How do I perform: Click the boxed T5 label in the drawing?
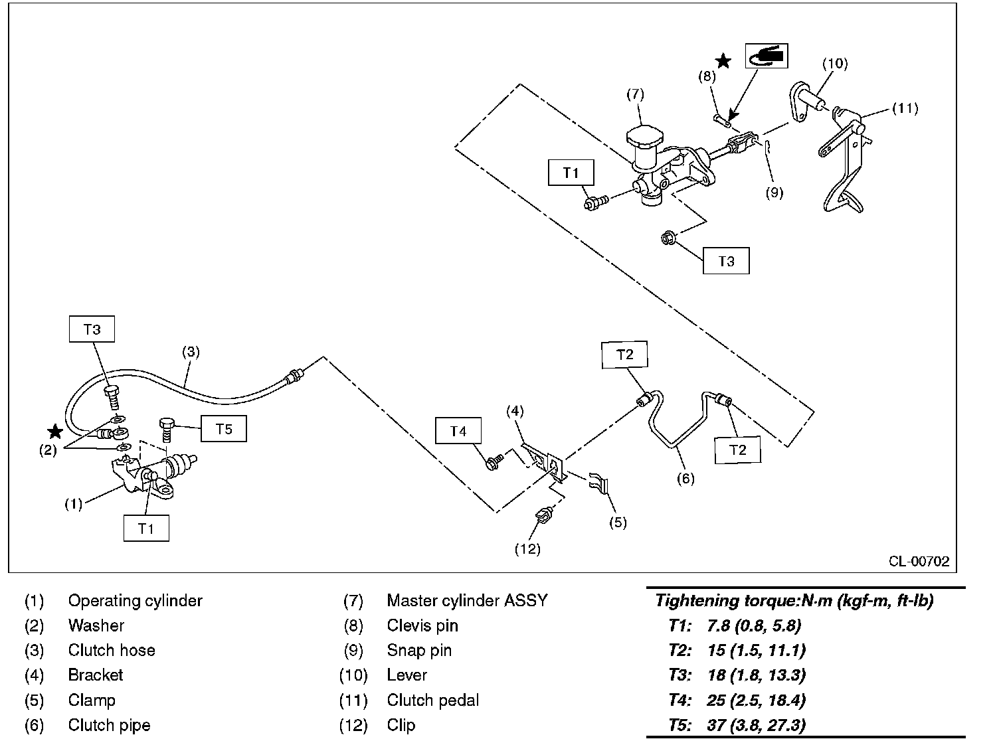(x=224, y=429)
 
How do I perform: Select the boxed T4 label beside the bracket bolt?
(x=458, y=432)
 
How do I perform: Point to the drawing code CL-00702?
(x=919, y=562)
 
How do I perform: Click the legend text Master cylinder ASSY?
(x=467, y=600)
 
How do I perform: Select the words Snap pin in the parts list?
(x=419, y=650)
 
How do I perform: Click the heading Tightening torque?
(x=794, y=601)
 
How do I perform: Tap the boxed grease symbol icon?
(x=766, y=56)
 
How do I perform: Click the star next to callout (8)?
(x=723, y=61)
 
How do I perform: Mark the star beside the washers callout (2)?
(x=56, y=432)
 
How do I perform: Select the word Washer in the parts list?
(x=96, y=625)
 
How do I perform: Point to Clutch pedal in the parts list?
(x=432, y=700)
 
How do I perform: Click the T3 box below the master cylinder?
(x=726, y=261)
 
